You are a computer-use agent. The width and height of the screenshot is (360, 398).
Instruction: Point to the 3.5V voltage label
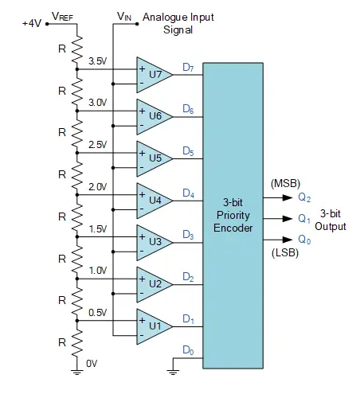pos(97,60)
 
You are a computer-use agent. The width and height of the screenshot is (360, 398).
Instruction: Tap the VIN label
pos(124,16)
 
